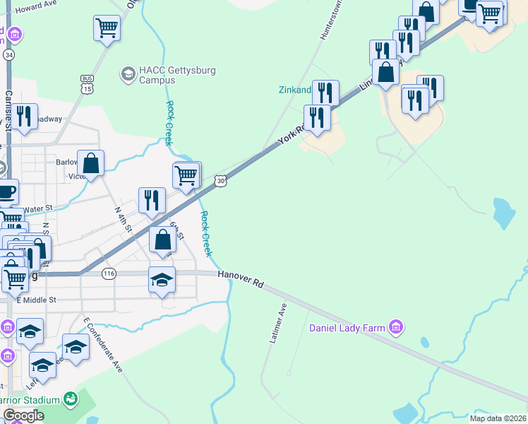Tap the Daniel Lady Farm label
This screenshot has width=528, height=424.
tap(347, 328)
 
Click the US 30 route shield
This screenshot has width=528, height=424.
tap(221, 182)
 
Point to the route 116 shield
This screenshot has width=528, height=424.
tap(108, 274)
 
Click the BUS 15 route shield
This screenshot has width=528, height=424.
tap(87, 84)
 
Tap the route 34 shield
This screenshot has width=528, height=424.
tap(8, 54)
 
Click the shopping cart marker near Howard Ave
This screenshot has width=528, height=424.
tap(107, 28)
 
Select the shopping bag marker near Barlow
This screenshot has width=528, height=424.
tap(90, 163)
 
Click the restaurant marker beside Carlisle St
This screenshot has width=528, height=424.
tap(25, 117)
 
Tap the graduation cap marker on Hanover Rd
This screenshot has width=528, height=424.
tap(162, 280)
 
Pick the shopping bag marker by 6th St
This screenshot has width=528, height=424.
tap(163, 240)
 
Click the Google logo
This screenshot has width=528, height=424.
tap(23, 416)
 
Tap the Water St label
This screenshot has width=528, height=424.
tap(38, 208)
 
